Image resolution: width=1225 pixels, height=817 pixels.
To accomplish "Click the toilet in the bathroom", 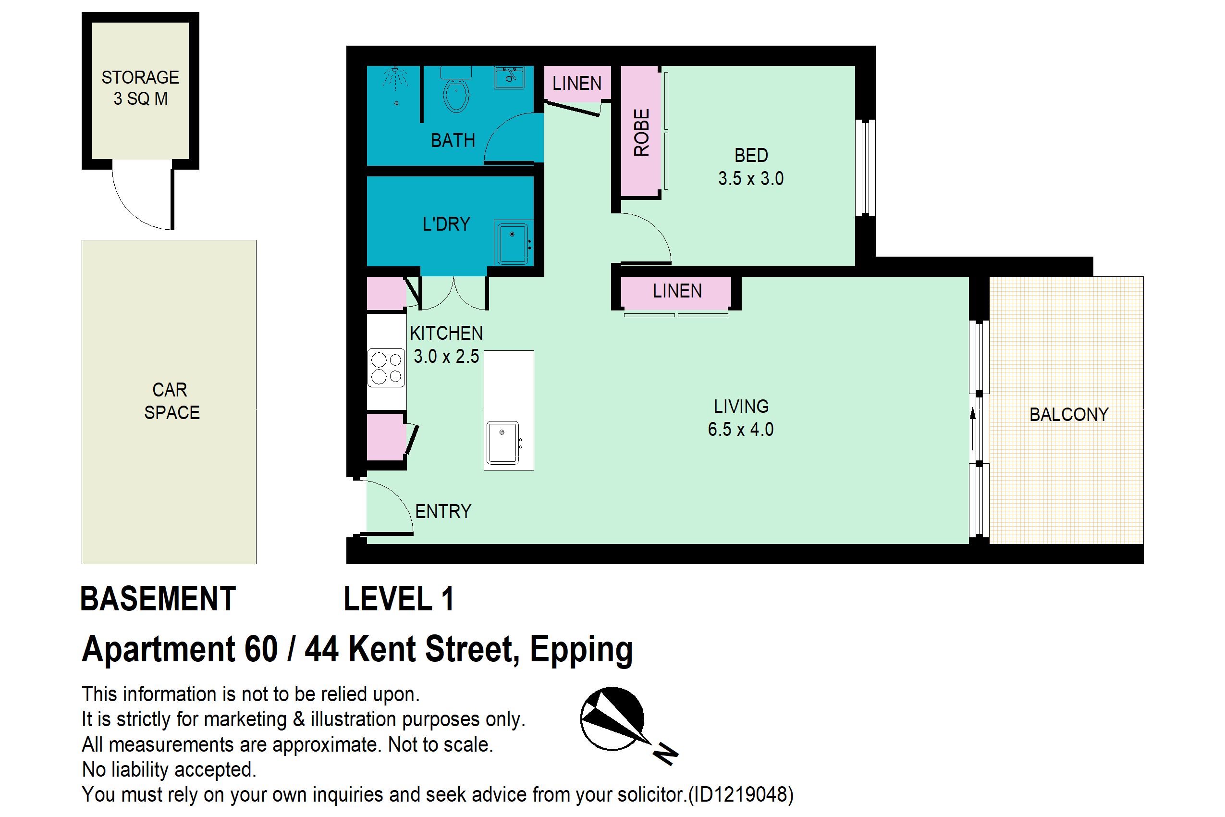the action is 456,89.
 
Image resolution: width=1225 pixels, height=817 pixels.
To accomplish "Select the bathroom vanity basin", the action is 509,78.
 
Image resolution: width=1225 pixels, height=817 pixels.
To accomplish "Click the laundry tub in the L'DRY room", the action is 513,243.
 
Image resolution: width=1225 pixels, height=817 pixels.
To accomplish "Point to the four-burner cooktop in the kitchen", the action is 386,368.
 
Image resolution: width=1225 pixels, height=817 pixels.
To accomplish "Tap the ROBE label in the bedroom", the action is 642,132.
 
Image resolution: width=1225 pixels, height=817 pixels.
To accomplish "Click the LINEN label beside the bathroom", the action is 576,83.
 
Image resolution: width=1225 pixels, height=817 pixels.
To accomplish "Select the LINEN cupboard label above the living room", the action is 677,291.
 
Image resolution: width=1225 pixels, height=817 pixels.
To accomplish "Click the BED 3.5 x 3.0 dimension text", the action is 751,167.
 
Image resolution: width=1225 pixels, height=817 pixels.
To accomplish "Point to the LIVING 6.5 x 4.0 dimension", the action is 741,418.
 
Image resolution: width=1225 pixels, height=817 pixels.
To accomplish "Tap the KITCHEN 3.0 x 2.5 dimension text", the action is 446,345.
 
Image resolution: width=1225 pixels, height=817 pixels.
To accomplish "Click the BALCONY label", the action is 1069,415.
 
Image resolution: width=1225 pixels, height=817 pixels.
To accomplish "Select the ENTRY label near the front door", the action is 443,512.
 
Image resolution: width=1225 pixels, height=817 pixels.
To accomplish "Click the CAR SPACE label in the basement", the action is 171,401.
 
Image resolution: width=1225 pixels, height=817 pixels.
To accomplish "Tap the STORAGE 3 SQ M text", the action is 140,87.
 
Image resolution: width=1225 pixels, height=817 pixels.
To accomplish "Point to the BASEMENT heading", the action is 159,599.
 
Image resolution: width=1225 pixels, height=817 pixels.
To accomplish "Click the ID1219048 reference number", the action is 740,794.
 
